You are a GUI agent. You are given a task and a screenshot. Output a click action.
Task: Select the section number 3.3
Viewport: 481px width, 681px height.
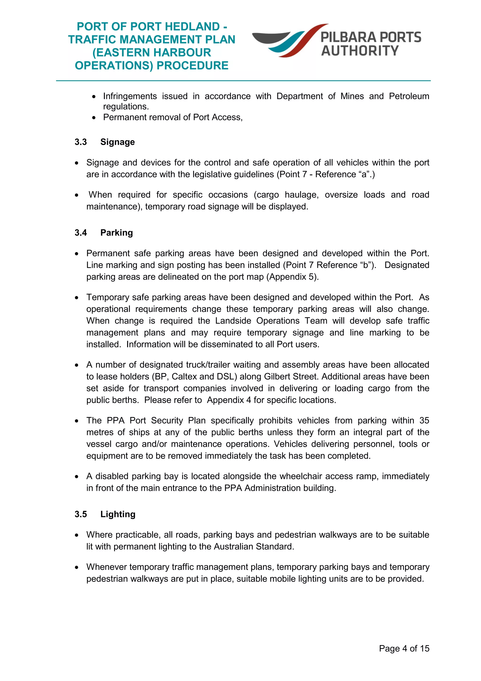point(81,142)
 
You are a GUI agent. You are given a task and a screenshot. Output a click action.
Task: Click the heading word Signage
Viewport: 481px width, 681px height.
point(117,142)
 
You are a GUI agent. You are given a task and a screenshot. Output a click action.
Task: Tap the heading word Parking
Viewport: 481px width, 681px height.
point(116,233)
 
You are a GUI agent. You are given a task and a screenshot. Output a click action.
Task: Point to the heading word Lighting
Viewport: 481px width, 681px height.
point(118,514)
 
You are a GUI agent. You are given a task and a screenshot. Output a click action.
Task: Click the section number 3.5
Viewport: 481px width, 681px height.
point(81,514)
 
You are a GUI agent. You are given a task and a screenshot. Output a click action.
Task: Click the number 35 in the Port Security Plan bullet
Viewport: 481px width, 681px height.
point(424,421)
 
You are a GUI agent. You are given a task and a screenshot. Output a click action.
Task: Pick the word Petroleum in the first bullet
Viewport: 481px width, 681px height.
point(409,96)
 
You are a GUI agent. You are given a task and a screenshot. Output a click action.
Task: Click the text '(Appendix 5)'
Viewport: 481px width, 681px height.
point(292,277)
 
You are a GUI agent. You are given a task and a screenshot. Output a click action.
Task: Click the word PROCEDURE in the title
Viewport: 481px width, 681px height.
point(192,66)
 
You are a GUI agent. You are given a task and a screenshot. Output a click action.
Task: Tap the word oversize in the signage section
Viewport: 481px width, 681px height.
point(341,195)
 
